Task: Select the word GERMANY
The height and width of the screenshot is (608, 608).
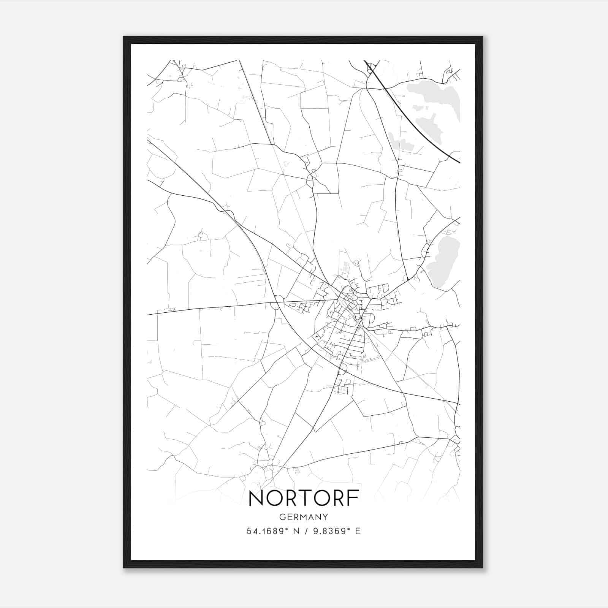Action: (304, 517)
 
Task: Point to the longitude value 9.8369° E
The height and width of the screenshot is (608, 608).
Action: (337, 531)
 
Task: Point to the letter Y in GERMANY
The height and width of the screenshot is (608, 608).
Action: (325, 517)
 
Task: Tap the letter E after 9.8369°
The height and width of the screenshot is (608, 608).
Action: (358, 531)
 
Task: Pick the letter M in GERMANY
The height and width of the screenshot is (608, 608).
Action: (304, 517)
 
